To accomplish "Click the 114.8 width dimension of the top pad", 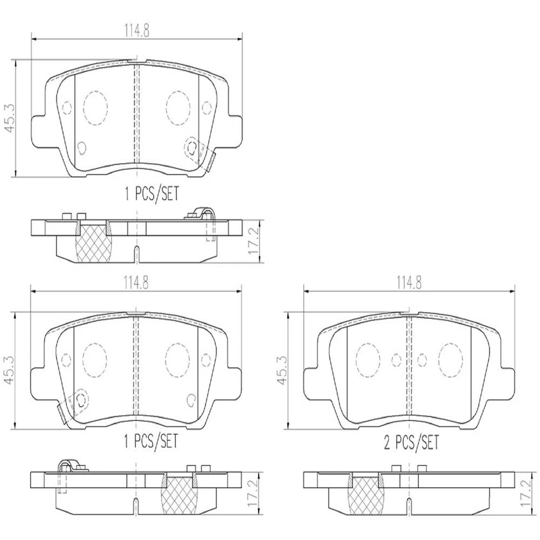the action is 137,31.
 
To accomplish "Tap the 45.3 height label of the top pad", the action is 10,119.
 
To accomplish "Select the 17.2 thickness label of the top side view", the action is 254,241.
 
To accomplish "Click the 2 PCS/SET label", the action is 412,442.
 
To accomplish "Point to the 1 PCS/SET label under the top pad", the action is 151,193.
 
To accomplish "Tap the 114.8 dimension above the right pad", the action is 409,283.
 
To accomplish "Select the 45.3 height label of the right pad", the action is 282,371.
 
